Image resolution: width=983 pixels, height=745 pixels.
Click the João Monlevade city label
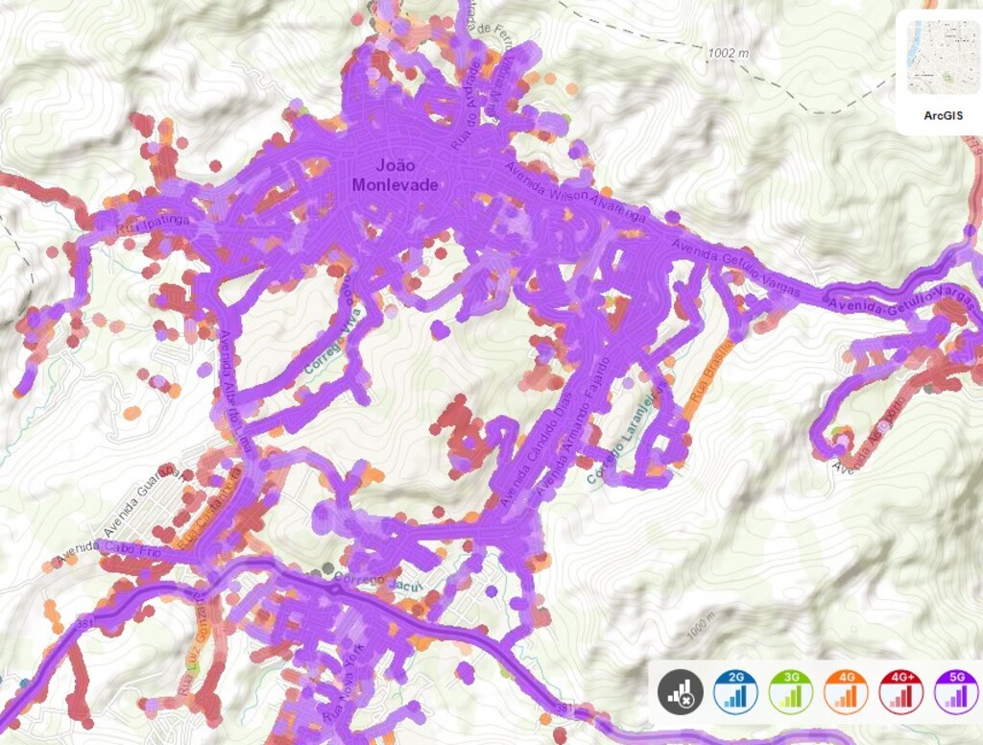[395, 175]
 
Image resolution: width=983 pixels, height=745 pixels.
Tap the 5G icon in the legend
[956, 690]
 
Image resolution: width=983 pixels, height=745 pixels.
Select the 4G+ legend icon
[901, 690]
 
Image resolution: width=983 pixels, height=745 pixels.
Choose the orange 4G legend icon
[846, 690]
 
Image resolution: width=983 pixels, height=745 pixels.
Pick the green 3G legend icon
[790, 690]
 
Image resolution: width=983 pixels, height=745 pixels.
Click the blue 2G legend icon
[735, 690]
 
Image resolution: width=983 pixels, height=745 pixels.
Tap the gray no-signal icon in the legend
[680, 690]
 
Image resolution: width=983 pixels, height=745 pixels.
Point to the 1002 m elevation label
[727, 54]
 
